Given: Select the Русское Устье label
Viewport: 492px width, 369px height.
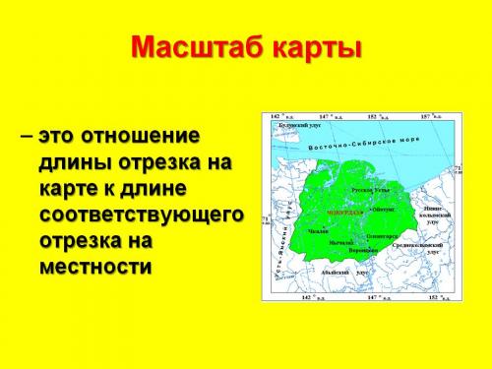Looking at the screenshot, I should (x=371, y=187).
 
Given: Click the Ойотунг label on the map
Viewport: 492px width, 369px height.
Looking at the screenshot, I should (x=383, y=209).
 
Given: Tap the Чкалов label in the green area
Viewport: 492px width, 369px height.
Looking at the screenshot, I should (x=317, y=230).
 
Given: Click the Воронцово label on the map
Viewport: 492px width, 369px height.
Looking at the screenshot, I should (x=362, y=249).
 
